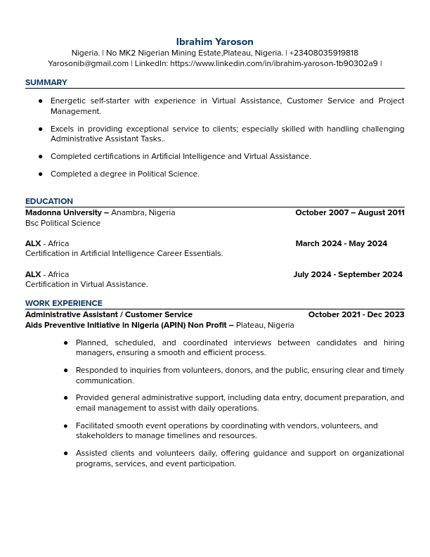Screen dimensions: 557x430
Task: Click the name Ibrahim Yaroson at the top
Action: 214,42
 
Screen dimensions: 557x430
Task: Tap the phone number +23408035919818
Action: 323,53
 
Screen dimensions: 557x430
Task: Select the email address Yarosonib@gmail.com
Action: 88,64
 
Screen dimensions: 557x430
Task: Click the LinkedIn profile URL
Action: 273,64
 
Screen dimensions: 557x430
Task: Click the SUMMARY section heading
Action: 46,83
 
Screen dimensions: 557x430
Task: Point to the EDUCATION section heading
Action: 49,202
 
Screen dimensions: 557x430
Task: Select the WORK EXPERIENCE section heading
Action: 64,304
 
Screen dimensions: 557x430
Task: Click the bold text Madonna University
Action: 64,213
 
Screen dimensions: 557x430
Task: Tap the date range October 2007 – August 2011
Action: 349,213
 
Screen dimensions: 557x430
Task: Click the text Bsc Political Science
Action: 63,224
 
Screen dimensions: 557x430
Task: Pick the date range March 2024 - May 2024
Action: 341,244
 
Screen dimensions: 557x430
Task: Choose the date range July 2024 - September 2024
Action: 348,275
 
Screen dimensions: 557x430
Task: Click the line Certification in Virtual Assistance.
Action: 86,285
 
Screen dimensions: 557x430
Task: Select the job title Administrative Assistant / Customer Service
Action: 109,315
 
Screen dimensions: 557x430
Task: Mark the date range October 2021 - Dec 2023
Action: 356,315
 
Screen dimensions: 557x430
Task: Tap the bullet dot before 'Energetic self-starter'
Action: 41,101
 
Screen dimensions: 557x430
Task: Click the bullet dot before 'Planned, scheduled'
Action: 66,343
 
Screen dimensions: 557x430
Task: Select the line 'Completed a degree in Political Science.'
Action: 125,174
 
